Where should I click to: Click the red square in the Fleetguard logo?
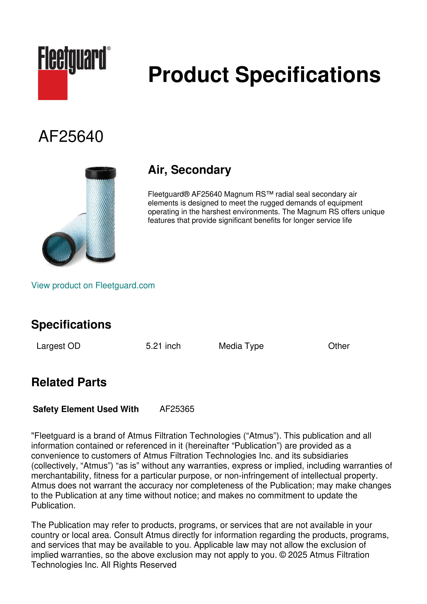(53, 85)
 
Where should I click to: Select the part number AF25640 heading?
(71, 137)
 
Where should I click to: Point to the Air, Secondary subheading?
(189, 170)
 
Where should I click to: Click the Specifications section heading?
(71, 324)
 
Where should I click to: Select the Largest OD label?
(58, 346)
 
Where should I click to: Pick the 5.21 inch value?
(163, 346)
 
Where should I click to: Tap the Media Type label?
(241, 346)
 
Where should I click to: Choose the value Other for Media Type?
(339, 346)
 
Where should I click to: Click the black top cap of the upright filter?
(101, 172)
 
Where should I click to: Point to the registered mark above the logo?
(109, 48)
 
